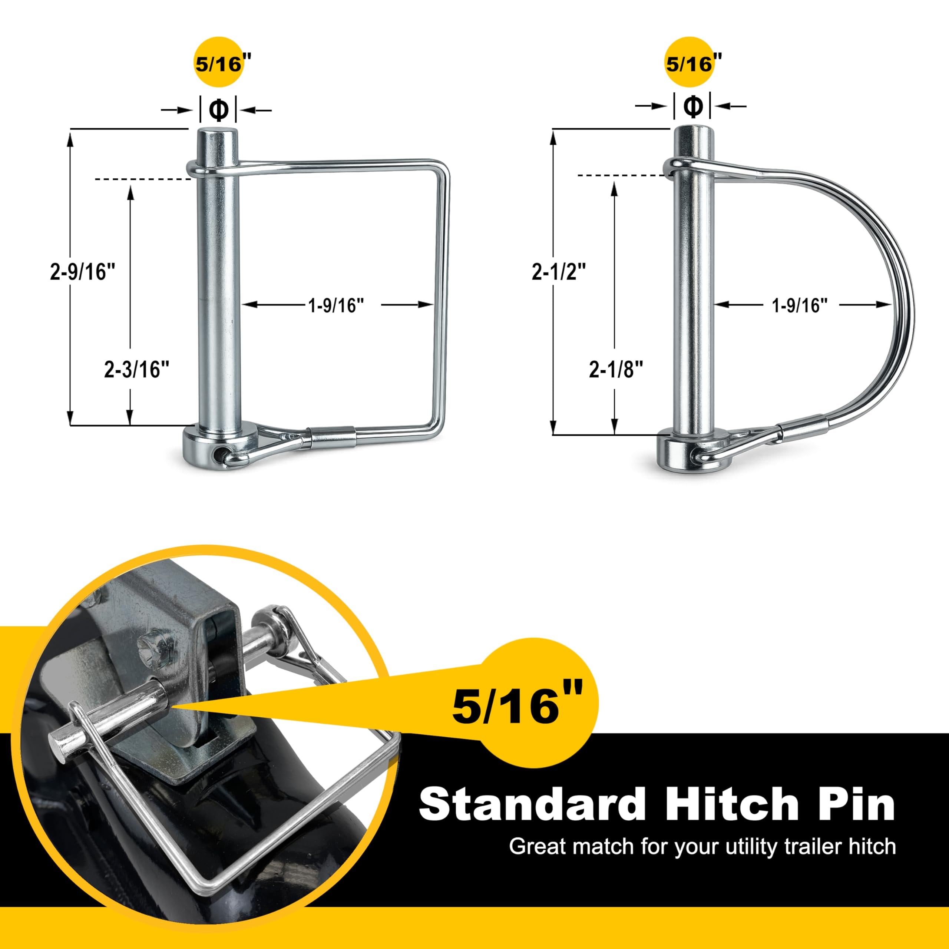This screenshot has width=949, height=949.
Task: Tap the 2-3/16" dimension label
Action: point(136,369)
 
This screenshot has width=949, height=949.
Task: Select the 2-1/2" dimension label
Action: point(559,272)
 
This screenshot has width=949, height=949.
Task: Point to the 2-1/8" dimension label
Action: point(616,369)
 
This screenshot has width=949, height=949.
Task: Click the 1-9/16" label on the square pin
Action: point(336,305)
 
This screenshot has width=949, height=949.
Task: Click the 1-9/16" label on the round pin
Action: point(800,305)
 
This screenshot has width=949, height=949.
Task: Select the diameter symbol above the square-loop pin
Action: point(219,109)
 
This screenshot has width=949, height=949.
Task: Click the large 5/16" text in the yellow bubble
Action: point(517,706)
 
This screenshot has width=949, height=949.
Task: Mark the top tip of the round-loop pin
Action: point(692,129)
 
